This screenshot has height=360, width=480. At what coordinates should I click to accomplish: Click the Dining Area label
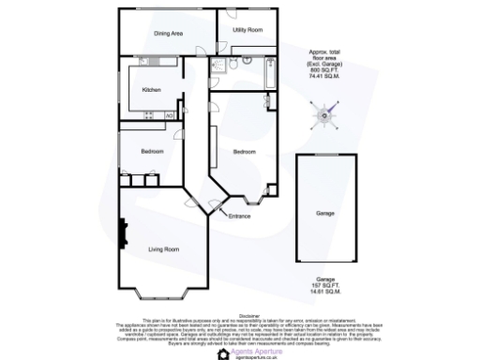[x=168, y=34]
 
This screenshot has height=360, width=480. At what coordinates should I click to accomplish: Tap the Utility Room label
[x=247, y=30]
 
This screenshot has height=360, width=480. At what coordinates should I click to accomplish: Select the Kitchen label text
[x=151, y=90]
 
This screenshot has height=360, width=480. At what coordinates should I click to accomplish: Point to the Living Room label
[x=164, y=248]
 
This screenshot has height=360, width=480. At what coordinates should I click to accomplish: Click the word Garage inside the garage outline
[x=324, y=214]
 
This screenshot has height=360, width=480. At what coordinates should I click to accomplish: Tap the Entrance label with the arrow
[x=239, y=217]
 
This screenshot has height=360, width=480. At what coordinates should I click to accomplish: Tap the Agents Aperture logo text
[x=253, y=349]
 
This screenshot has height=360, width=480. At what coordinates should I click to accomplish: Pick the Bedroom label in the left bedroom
[x=153, y=152]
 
